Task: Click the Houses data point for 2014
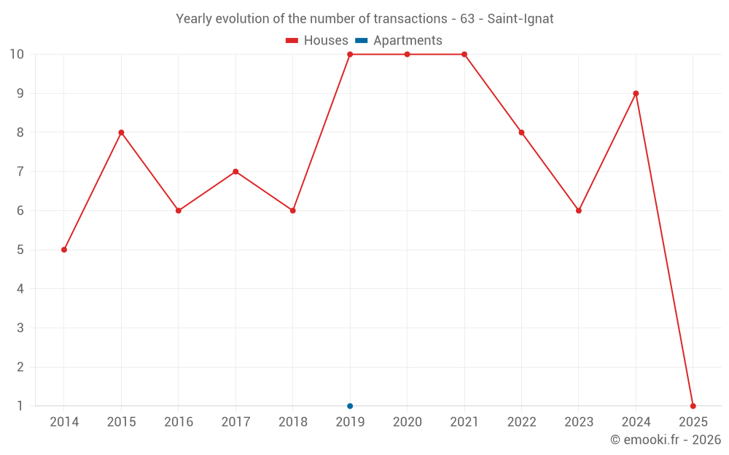coord(64,250)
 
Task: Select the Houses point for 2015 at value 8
coord(121,132)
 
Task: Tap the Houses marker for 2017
coord(235,172)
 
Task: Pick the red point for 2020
coord(407,55)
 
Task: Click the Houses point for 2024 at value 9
coord(636,93)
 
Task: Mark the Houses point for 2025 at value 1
coord(693,406)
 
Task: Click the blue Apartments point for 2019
coord(350,406)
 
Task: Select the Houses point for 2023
coord(579,210)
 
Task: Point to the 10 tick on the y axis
coord(17,55)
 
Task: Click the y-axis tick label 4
coord(20,289)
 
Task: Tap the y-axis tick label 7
coord(20,172)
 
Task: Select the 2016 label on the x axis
coord(179,422)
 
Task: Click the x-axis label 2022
coord(521,422)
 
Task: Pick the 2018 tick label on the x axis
coord(292,422)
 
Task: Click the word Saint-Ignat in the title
coord(521,19)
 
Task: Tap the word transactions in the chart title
coord(411,19)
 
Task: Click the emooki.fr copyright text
coord(665,440)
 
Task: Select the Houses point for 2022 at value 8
coord(521,132)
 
